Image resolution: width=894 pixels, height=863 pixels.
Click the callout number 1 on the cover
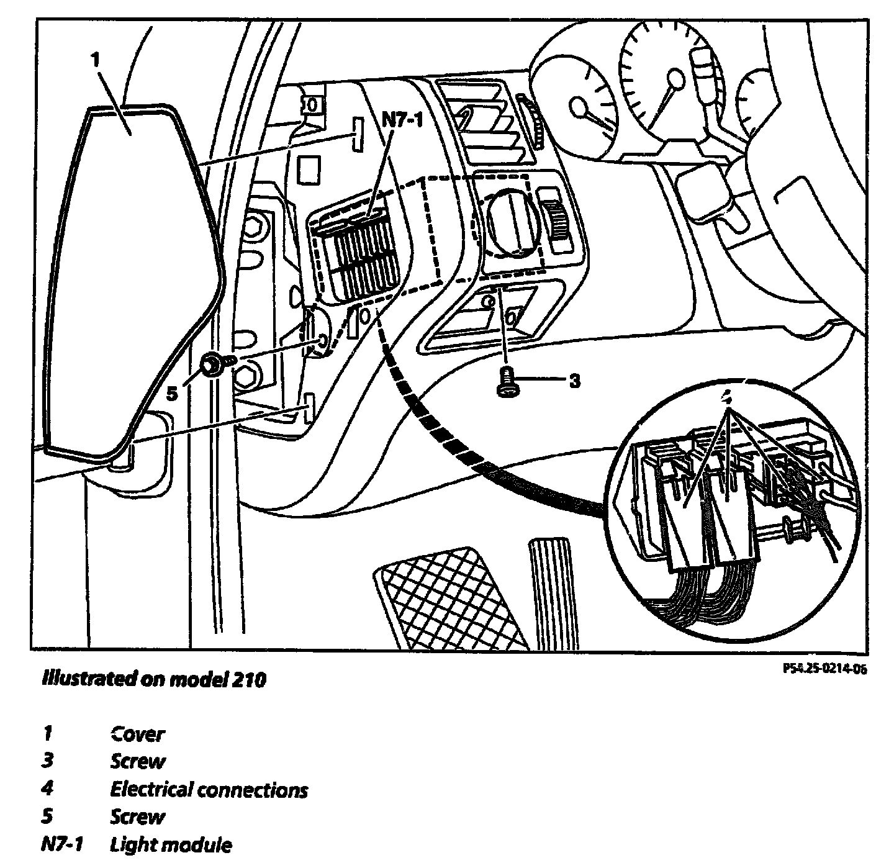(x=94, y=61)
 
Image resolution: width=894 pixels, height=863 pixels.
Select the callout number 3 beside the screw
(x=575, y=381)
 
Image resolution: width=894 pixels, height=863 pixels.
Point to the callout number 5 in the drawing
(x=172, y=392)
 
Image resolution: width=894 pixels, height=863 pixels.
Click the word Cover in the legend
(x=137, y=734)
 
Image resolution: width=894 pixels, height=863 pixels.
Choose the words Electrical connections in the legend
(x=209, y=790)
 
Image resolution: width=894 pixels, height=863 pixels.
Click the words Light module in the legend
(x=171, y=845)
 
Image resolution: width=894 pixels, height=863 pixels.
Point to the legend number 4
(x=47, y=789)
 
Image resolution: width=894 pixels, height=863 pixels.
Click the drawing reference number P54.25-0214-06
(x=824, y=669)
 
